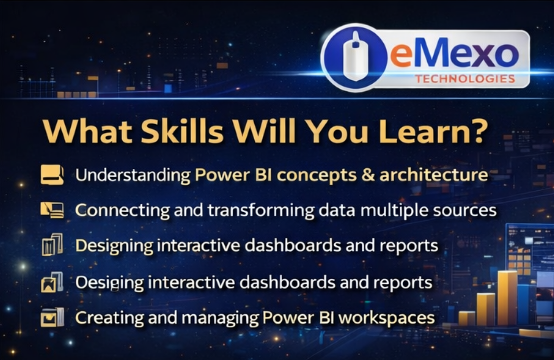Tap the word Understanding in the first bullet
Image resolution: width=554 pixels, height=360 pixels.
(x=131, y=175)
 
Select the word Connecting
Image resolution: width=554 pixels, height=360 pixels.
(x=118, y=211)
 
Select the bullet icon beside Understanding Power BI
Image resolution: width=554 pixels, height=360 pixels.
(x=52, y=175)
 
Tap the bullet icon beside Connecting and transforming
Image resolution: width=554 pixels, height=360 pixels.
(x=52, y=210)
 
